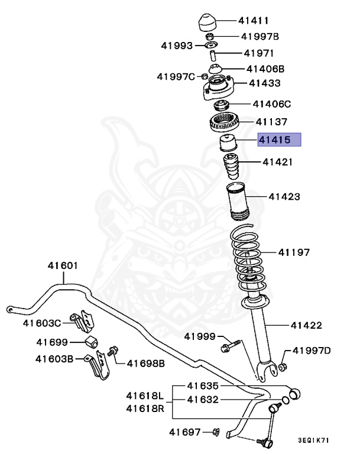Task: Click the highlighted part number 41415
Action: coord(273,141)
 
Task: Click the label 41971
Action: coord(259,53)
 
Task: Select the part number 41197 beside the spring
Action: coord(294,252)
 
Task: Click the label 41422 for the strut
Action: coord(306,325)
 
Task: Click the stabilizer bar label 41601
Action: coord(62,265)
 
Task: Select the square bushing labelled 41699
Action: coord(92,342)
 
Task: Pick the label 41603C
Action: coord(42,323)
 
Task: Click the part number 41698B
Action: coord(145,361)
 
